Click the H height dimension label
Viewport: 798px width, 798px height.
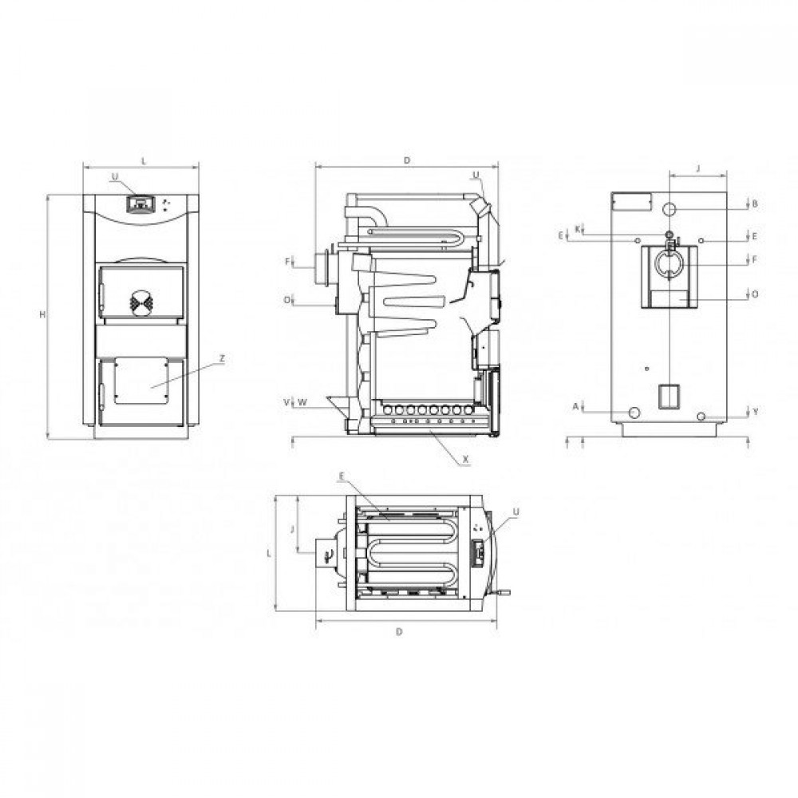tap(43, 315)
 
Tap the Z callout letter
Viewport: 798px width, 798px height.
tap(222, 359)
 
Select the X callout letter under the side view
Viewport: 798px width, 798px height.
tap(466, 459)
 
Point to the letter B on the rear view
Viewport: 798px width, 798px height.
tap(755, 204)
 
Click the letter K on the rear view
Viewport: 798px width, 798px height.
tap(578, 229)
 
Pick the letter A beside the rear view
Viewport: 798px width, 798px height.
tap(576, 406)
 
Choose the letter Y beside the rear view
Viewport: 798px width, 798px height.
tap(755, 412)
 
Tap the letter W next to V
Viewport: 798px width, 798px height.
tap(302, 402)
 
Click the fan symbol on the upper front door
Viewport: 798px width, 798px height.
tap(140, 301)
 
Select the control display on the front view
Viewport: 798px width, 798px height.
tap(140, 203)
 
